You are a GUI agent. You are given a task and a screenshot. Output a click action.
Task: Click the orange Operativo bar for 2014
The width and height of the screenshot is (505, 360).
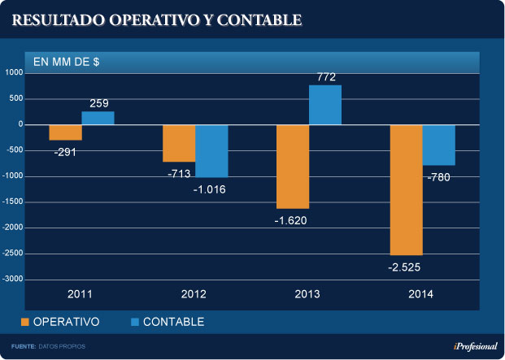click(407, 189)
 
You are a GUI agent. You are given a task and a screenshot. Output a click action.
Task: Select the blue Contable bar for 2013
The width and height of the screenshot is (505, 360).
click(325, 105)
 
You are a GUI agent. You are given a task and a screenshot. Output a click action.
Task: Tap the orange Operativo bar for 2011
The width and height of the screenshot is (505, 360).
click(65, 132)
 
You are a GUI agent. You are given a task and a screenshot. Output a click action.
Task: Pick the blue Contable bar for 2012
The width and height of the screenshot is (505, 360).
click(211, 150)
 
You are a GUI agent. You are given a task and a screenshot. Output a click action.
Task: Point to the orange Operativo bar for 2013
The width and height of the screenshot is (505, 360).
click(293, 167)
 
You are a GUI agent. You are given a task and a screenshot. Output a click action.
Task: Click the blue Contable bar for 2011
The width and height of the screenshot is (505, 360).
click(98, 118)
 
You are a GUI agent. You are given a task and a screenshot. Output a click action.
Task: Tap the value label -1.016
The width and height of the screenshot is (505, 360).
click(210, 189)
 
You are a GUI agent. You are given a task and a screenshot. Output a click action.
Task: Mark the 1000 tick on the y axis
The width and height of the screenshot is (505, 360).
click(15, 73)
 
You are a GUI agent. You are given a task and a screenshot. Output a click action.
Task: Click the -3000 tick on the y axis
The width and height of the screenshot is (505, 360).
click(12, 279)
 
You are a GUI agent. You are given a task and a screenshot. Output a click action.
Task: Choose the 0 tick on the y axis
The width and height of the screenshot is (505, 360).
click(20, 124)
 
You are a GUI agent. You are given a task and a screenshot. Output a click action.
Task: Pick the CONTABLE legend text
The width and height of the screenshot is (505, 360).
click(173, 323)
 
